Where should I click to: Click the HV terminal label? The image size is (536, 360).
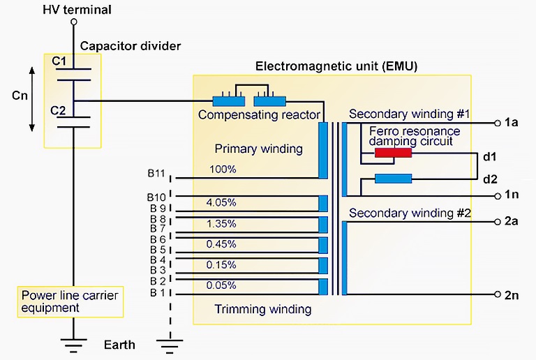coord(77,9)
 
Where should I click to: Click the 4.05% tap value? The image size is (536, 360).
coord(221,202)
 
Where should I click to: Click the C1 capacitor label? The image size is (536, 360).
coord(59,61)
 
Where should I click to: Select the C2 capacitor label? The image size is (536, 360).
coord(59,110)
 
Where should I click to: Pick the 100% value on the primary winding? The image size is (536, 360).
coord(222,170)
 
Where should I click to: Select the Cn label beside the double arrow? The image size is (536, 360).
coord(21,96)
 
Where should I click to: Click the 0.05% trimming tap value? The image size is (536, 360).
coord(221,285)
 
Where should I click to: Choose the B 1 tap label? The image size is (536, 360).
coord(157,292)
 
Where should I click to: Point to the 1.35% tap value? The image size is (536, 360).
coord(221,223)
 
